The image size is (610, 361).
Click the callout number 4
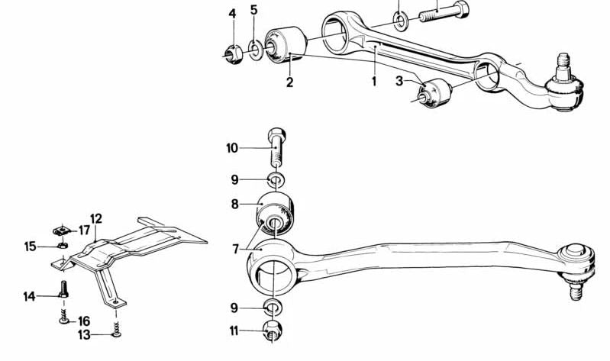(x=232, y=15)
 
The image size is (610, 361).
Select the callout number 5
(x=253, y=10)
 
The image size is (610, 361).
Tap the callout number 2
(x=289, y=82)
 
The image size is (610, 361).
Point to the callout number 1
(x=374, y=82)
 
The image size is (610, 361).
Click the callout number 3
(x=399, y=82)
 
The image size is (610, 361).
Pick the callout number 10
(x=232, y=148)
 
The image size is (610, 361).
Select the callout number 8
(x=234, y=205)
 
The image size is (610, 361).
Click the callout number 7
(x=235, y=249)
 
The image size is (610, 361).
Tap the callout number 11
(x=234, y=331)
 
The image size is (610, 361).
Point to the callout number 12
(x=96, y=218)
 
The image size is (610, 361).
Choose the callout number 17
(x=85, y=230)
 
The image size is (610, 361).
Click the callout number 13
(x=85, y=334)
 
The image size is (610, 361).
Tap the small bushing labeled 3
(x=435, y=93)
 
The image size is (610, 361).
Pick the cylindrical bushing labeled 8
(x=275, y=213)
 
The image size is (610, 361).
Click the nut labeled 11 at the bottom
(x=273, y=330)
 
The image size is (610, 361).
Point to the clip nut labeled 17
(x=62, y=230)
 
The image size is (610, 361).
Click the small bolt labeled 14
(x=64, y=289)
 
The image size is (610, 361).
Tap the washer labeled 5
(x=255, y=50)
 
